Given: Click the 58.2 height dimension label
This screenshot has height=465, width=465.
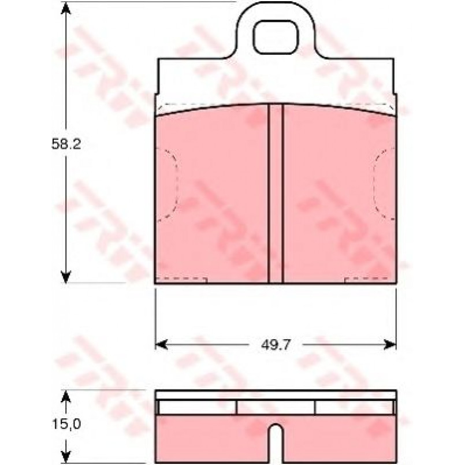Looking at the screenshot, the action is pos(66,144).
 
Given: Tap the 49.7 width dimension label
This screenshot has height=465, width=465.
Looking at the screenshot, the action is pos(275,345).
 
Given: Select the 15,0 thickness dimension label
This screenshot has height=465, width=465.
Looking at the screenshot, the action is pos(66,424).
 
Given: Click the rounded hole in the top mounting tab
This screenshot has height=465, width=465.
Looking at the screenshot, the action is pos(276,38).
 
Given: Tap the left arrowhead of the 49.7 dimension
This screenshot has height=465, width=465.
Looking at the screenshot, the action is pos(162,345).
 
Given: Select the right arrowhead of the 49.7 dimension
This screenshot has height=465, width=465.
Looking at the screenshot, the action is pos(390,345).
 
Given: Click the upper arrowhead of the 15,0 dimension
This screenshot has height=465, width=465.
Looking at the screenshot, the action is pos(66,397).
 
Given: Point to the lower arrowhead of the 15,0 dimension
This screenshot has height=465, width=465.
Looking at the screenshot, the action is pos(66,456).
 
